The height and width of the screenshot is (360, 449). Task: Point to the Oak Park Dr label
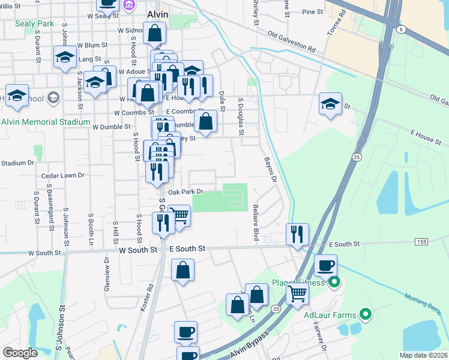pyautogui.click(x=186, y=192)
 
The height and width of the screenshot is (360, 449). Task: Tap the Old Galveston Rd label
pyautogui.click(x=292, y=41)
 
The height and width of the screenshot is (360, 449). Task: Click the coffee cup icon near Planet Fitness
pyautogui.click(x=326, y=265)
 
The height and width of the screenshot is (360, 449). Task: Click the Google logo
pyautogui.click(x=20, y=353)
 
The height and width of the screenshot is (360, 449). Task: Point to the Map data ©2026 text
pyautogui.click(x=423, y=355)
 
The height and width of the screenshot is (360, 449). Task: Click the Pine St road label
pyautogui.click(x=313, y=11)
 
